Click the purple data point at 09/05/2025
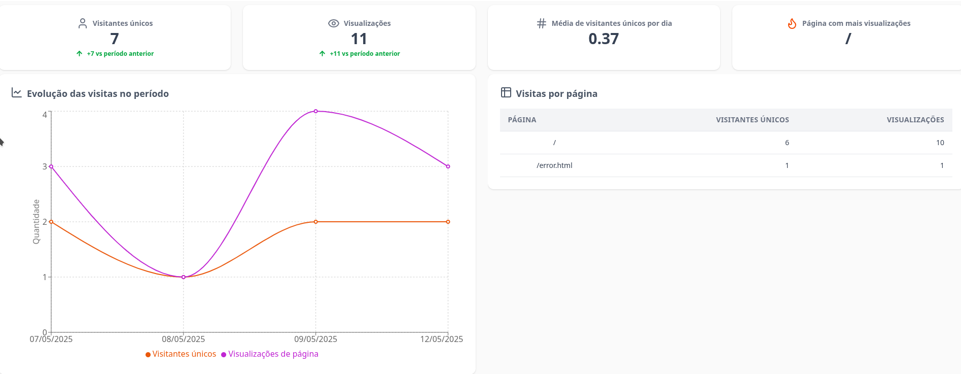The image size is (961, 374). [x=315, y=111]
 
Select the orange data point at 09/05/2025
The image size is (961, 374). [x=315, y=222]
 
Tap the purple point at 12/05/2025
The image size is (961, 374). [x=448, y=166]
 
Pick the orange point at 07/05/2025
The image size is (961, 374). [x=51, y=222]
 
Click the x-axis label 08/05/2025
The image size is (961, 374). [x=184, y=339]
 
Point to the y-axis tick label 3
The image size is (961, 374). [x=45, y=166]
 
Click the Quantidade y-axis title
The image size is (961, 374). [x=36, y=222]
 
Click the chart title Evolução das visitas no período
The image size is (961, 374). [x=97, y=94]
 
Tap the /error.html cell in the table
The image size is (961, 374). [x=554, y=165]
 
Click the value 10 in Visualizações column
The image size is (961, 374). [x=940, y=143]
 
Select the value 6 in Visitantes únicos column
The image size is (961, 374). [x=787, y=143]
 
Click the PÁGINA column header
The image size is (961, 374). [x=522, y=120]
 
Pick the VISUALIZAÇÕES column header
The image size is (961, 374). [x=915, y=120]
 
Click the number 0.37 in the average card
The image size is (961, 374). [x=603, y=39]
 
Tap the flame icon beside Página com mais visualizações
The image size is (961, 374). [x=792, y=23]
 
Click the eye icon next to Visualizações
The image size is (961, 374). [x=333, y=23]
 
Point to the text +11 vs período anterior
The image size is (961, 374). [x=365, y=54]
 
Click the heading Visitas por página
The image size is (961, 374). [x=556, y=94]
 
